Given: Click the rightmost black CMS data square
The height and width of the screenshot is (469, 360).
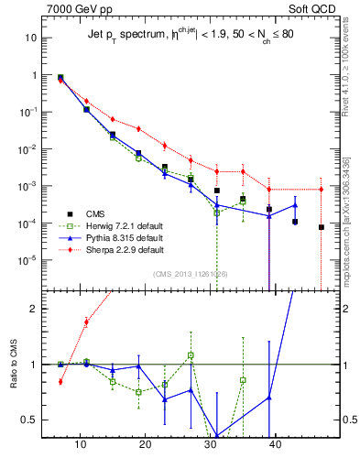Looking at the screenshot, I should click(322, 227).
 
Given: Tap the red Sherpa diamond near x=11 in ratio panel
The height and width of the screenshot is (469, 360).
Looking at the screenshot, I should click(86, 322).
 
